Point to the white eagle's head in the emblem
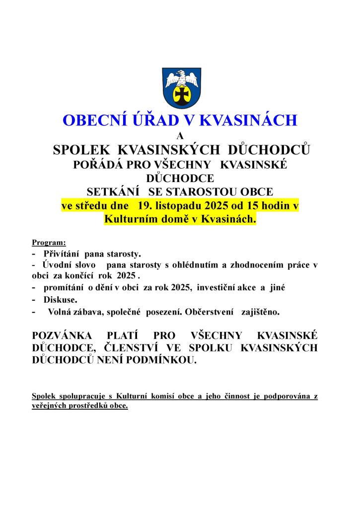coord(181,75)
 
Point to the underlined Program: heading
coord(49,243)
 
